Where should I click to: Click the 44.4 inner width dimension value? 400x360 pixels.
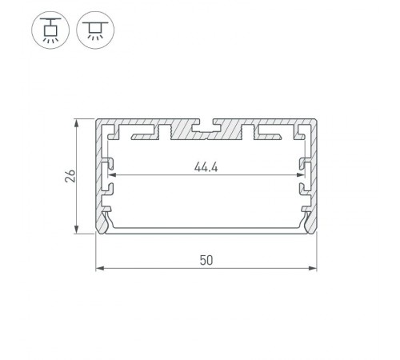click(206, 167)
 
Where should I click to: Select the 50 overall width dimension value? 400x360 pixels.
click(206, 260)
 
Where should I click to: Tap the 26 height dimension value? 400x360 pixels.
click(70, 178)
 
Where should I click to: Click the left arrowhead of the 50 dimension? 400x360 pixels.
click(98, 270)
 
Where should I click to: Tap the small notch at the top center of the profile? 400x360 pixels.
click(206, 125)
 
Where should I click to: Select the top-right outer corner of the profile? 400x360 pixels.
click(317, 122)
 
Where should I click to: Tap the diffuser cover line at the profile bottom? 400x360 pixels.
click(206, 230)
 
